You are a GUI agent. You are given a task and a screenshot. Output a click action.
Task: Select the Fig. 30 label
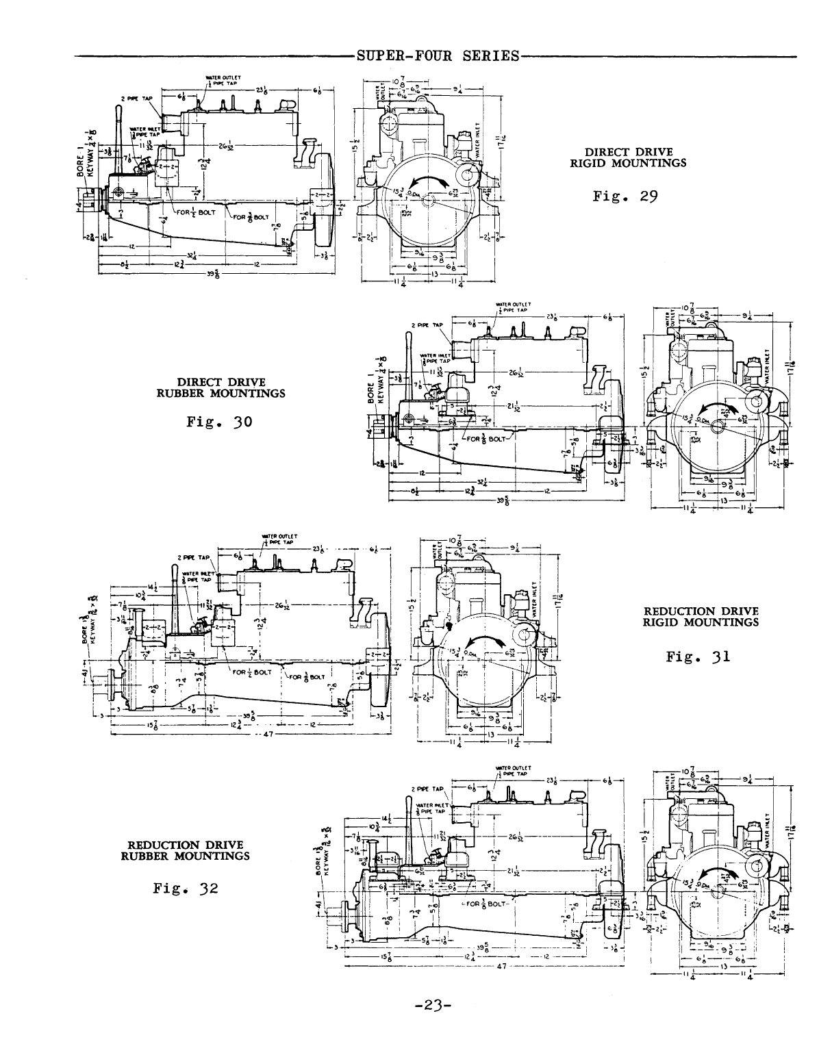pos(219,422)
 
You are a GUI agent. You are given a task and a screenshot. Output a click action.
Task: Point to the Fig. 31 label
pos(698,657)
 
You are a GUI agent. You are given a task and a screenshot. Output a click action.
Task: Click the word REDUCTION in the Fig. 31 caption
pos(675,611)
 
